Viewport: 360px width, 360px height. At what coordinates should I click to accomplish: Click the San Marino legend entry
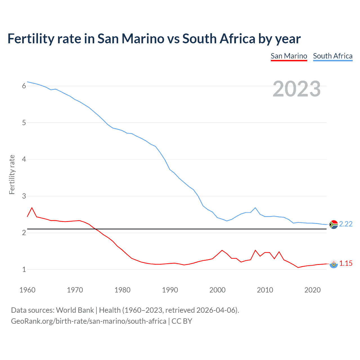(289, 56)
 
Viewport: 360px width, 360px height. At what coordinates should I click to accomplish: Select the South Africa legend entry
(333, 56)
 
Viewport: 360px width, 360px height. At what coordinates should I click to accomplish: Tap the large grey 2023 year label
(296, 89)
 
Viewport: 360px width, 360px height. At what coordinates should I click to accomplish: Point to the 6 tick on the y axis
(24, 86)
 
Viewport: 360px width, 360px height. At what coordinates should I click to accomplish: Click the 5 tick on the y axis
(24, 123)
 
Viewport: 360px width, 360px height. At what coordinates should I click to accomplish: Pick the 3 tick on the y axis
(24, 196)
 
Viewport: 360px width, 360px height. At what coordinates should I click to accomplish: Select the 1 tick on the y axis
(24, 270)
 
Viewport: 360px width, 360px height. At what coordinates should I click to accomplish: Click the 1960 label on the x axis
(27, 290)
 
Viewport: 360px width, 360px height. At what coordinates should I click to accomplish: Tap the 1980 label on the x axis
(122, 290)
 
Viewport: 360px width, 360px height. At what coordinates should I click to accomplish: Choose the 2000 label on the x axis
(217, 290)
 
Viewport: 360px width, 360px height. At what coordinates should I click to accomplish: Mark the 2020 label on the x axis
(312, 290)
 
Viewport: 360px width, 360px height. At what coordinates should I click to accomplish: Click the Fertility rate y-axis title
(12, 174)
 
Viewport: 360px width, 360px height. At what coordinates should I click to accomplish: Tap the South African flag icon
(333, 224)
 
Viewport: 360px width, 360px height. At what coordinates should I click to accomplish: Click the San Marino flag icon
(333, 264)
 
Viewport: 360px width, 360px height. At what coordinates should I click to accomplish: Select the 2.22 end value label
(346, 224)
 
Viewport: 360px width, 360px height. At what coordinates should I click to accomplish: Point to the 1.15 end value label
(346, 264)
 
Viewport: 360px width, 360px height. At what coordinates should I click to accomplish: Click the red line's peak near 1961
(32, 208)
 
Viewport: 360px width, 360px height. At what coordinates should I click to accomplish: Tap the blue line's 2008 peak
(255, 208)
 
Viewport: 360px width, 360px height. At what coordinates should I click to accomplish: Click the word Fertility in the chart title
(31, 39)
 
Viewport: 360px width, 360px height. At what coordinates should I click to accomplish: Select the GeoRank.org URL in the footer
(89, 321)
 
